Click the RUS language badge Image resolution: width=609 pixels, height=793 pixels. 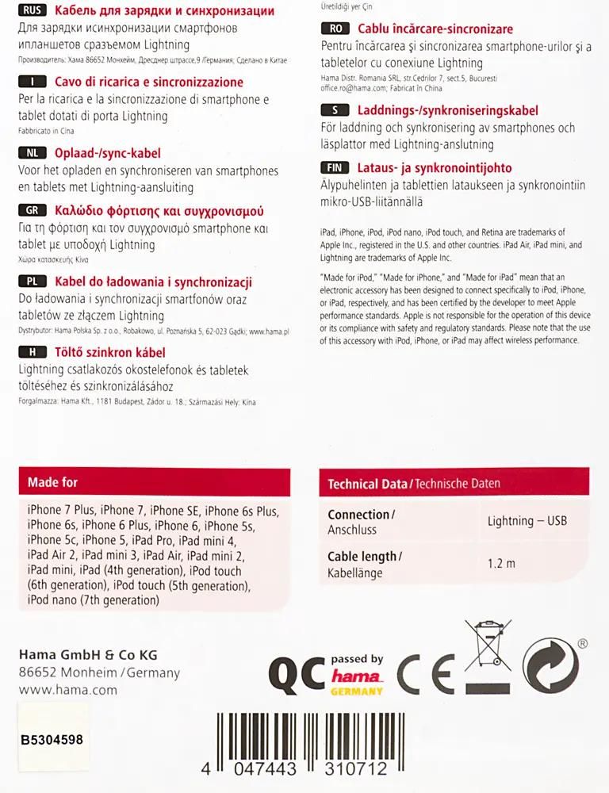coord(32,11)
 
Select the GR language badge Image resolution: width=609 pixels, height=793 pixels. coord(32,211)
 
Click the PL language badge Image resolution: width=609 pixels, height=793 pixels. coord(32,282)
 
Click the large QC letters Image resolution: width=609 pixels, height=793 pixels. coord(297,674)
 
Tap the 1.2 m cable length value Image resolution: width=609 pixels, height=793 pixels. coord(501,564)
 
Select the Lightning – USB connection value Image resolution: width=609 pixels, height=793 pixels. coord(527,521)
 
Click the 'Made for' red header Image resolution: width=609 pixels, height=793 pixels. coord(53,482)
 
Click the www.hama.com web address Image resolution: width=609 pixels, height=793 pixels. coord(67,690)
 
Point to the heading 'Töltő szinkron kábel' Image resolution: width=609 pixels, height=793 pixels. coord(110,352)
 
